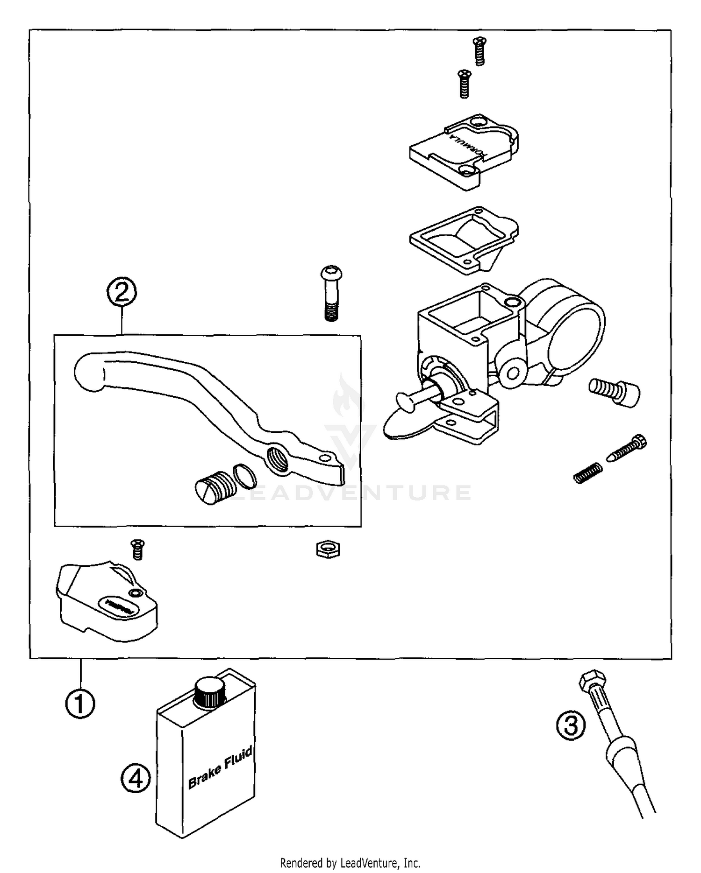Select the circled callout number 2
click(x=122, y=292)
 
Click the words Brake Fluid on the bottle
click(x=220, y=767)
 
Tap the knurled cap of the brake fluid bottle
click(x=210, y=692)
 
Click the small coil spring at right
click(x=587, y=473)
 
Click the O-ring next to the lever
click(x=244, y=477)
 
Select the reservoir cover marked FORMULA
click(x=463, y=151)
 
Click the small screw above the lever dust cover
click(x=137, y=549)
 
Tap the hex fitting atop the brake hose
click(x=592, y=682)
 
